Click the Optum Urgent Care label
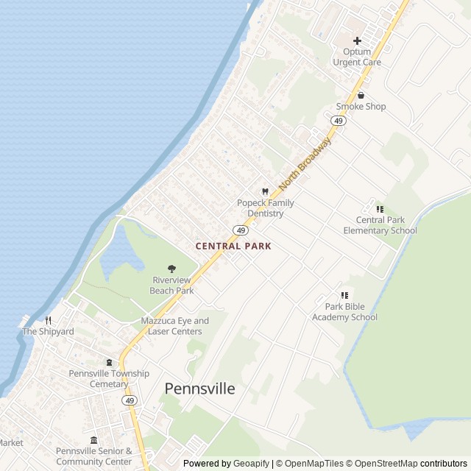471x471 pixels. coord(357,57)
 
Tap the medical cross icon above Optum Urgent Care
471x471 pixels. coord(357,41)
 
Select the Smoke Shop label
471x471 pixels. coord(361,107)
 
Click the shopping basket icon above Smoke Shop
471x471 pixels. coord(361,95)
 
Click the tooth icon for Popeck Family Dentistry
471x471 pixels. coord(265,191)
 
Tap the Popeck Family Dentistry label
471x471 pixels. coord(265,208)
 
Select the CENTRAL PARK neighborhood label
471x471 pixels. coord(233,246)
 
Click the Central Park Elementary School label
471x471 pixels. coord(380,225)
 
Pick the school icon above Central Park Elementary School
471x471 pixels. coord(380,209)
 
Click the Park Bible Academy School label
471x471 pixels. coord(344,312)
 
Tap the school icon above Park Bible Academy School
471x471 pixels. coord(344,295)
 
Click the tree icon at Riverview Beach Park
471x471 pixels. coord(172,269)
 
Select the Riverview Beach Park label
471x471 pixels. coord(172,286)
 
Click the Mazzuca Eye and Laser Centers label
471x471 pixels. coord(175,326)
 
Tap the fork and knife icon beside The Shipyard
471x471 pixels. coord(49,320)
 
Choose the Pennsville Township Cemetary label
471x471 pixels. coord(109,379)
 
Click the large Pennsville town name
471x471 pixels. coord(200,389)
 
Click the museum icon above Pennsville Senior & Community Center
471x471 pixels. coord(93,439)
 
